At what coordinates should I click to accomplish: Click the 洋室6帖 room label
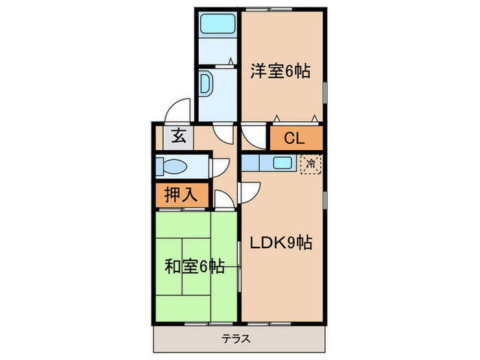tap(280, 71)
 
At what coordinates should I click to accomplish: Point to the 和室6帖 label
tap(195, 266)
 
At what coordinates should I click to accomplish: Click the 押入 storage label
tap(180, 194)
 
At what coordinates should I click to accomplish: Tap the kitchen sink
tap(282, 163)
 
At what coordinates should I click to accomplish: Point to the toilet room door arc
tap(221, 167)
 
